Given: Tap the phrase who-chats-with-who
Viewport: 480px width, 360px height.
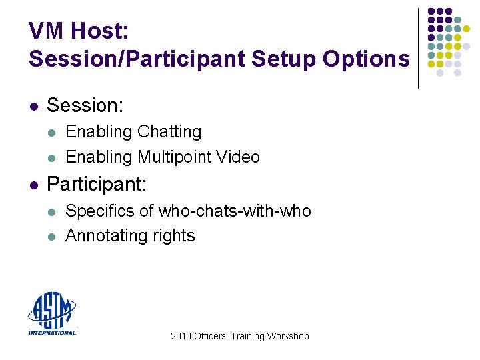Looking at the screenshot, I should (235, 211).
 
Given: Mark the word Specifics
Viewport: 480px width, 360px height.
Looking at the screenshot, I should (101, 211).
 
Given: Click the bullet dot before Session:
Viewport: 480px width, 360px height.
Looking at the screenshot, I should (33, 106).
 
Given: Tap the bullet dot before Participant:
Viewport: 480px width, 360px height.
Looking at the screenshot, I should (33, 183).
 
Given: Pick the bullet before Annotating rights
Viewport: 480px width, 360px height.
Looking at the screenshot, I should (51, 237).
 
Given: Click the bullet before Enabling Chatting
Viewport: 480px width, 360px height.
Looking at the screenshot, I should (51, 133).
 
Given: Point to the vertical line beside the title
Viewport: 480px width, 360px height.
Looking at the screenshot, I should (418, 48).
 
